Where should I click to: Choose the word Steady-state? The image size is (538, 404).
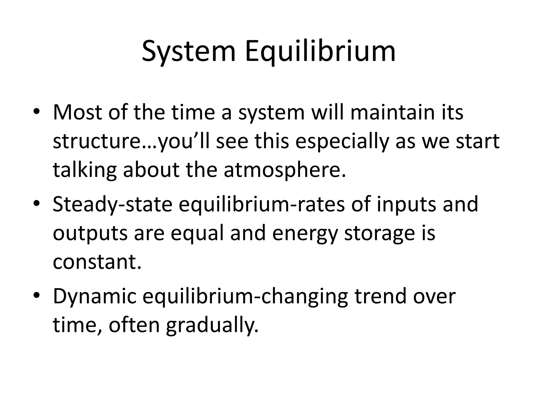pos(112,205)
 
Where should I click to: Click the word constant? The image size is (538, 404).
pos(97,262)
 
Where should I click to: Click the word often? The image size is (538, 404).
pos(134,325)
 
